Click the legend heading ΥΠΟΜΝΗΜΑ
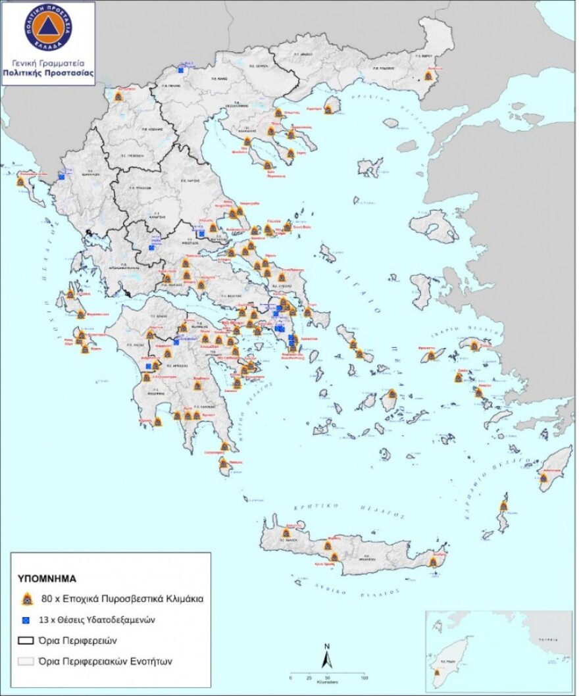(47, 580)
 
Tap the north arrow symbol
(325, 659)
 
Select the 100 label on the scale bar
(364, 677)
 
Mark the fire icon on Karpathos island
(504, 506)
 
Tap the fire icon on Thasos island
(328, 109)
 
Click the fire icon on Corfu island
(20, 182)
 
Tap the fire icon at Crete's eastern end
(434, 561)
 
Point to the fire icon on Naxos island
(392, 394)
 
